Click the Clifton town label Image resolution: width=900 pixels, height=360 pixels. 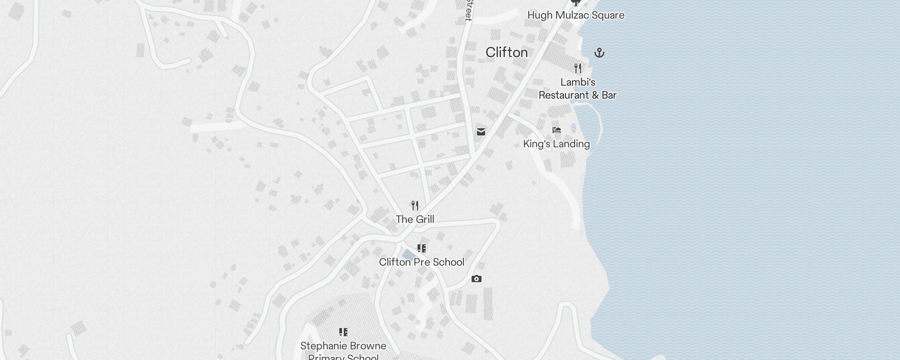[507, 53]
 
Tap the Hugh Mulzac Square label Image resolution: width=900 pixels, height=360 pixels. [576, 15]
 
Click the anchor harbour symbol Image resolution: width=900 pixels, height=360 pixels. [599, 53]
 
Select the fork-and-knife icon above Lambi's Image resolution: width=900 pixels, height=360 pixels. [578, 68]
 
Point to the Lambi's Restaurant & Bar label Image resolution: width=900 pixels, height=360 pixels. [577, 89]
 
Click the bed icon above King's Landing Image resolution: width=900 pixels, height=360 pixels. [557, 130]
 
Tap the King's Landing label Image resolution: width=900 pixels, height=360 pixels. [556, 144]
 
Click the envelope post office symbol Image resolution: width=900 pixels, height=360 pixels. [481, 132]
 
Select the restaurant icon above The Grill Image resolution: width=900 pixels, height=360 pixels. [415, 206]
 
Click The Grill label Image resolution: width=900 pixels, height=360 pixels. [415, 220]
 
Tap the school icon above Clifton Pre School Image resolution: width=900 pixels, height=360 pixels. [421, 248]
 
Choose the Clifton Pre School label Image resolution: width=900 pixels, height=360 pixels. [421, 262]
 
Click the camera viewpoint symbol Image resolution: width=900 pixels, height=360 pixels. [476, 279]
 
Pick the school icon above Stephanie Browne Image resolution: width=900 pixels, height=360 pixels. [343, 332]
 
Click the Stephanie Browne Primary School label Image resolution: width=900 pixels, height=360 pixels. [343, 351]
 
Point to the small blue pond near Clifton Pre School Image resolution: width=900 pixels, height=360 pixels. [409, 255]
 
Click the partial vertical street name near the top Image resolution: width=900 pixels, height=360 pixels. [468, 10]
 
